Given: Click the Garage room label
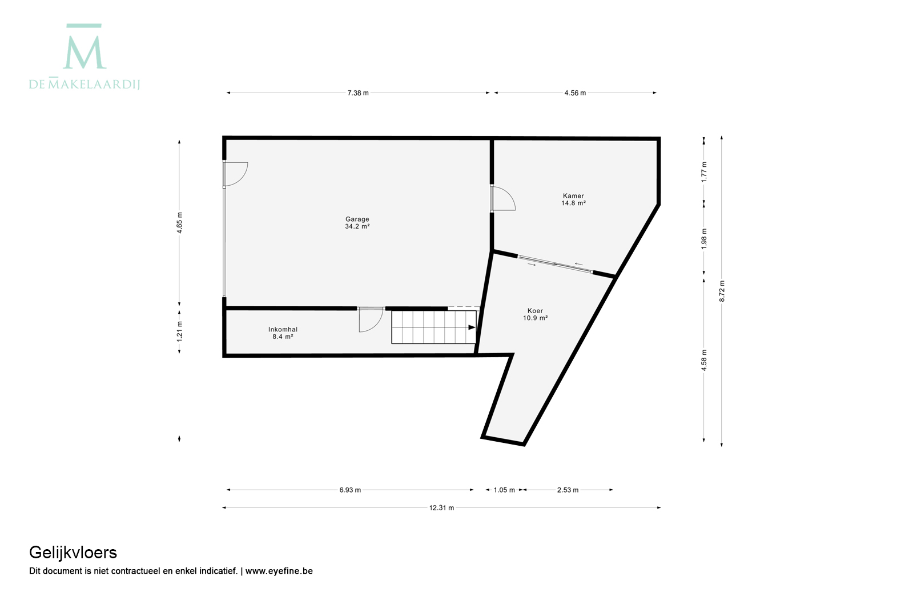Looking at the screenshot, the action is (357, 223).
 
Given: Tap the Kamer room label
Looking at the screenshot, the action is (573, 199).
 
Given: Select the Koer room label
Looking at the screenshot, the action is (535, 314).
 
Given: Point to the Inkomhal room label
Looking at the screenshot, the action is (283, 333).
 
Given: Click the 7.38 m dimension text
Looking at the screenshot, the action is (358, 93).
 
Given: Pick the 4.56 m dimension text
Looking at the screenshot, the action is (575, 93).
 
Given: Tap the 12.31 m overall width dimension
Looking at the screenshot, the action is (441, 508).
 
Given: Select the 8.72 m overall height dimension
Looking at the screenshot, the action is (722, 291).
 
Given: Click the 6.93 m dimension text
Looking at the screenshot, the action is (350, 490).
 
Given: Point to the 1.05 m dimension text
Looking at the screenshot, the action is (504, 490).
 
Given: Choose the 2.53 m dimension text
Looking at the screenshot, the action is (568, 490).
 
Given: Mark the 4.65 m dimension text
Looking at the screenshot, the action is (179, 223).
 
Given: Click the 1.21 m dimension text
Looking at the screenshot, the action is (179, 331).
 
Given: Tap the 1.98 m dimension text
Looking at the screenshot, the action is (704, 239).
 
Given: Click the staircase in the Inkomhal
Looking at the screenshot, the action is (433, 327).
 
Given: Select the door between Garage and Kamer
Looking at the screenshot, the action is (502, 198).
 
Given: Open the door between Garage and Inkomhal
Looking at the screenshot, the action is (371, 320).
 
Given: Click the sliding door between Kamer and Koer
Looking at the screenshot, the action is (555, 264).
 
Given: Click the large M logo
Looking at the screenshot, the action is (85, 46).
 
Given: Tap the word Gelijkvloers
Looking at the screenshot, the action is (73, 553).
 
